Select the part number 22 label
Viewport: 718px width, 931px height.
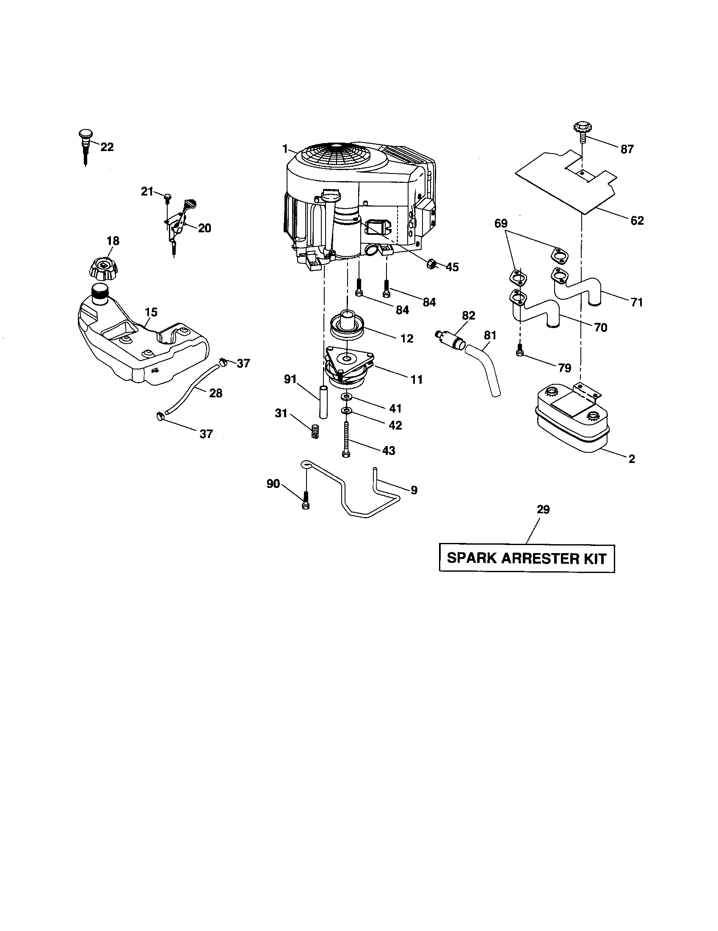107,147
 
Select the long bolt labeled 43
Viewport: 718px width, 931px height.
346,440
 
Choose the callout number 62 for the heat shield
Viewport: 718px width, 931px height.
637,220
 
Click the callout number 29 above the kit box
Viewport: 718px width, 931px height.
543,510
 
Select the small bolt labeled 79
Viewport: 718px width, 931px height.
519,350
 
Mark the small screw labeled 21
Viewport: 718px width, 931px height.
167,196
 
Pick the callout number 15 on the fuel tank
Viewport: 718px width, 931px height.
151,312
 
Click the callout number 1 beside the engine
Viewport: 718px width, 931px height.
285,149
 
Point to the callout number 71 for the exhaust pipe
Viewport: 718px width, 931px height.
637,302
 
